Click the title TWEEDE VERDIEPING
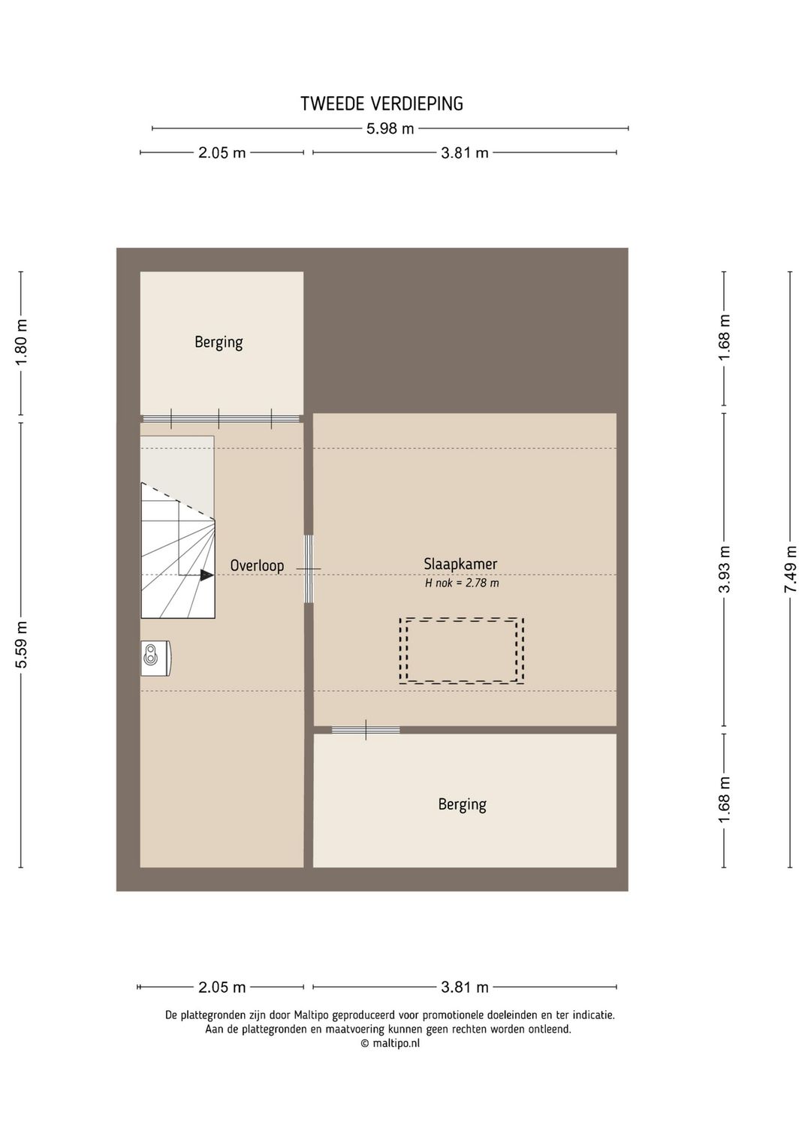[x=381, y=104]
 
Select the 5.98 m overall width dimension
[x=390, y=128]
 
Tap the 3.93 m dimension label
[x=725, y=568]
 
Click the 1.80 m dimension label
[x=22, y=342]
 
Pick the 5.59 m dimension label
[x=22, y=644]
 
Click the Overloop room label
[x=257, y=565]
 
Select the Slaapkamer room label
[x=460, y=564]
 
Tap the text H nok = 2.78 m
[x=462, y=583]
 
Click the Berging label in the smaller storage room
[x=219, y=342]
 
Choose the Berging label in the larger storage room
[x=462, y=804]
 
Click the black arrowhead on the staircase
[x=207, y=575]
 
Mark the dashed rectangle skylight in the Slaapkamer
[x=461, y=650]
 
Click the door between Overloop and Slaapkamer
[x=309, y=568]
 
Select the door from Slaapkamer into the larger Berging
[x=366, y=730]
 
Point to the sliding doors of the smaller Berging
[x=221, y=418]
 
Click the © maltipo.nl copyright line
[x=390, y=1043]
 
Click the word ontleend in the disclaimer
[x=549, y=1029]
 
